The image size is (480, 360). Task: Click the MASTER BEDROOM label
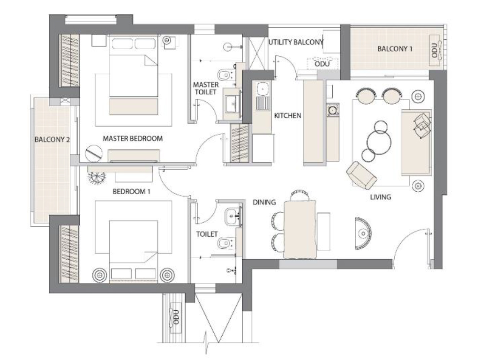[133, 139]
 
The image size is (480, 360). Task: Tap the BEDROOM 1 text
[131, 192]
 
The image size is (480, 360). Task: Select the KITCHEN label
[287, 116]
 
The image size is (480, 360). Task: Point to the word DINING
[264, 202]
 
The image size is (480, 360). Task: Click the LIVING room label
[381, 197]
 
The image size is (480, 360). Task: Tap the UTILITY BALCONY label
[296, 42]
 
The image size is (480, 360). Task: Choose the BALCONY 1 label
[395, 49]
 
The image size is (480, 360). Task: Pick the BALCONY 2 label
[52, 140]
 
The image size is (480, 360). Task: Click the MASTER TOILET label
[206, 88]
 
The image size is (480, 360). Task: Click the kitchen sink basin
[262, 89]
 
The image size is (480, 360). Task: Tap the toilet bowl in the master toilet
[224, 75]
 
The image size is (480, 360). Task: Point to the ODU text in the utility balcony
[322, 64]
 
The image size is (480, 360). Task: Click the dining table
[300, 230]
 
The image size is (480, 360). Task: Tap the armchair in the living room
[361, 175]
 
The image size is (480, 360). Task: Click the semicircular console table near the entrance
[363, 233]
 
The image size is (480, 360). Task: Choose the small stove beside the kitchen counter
[333, 110]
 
